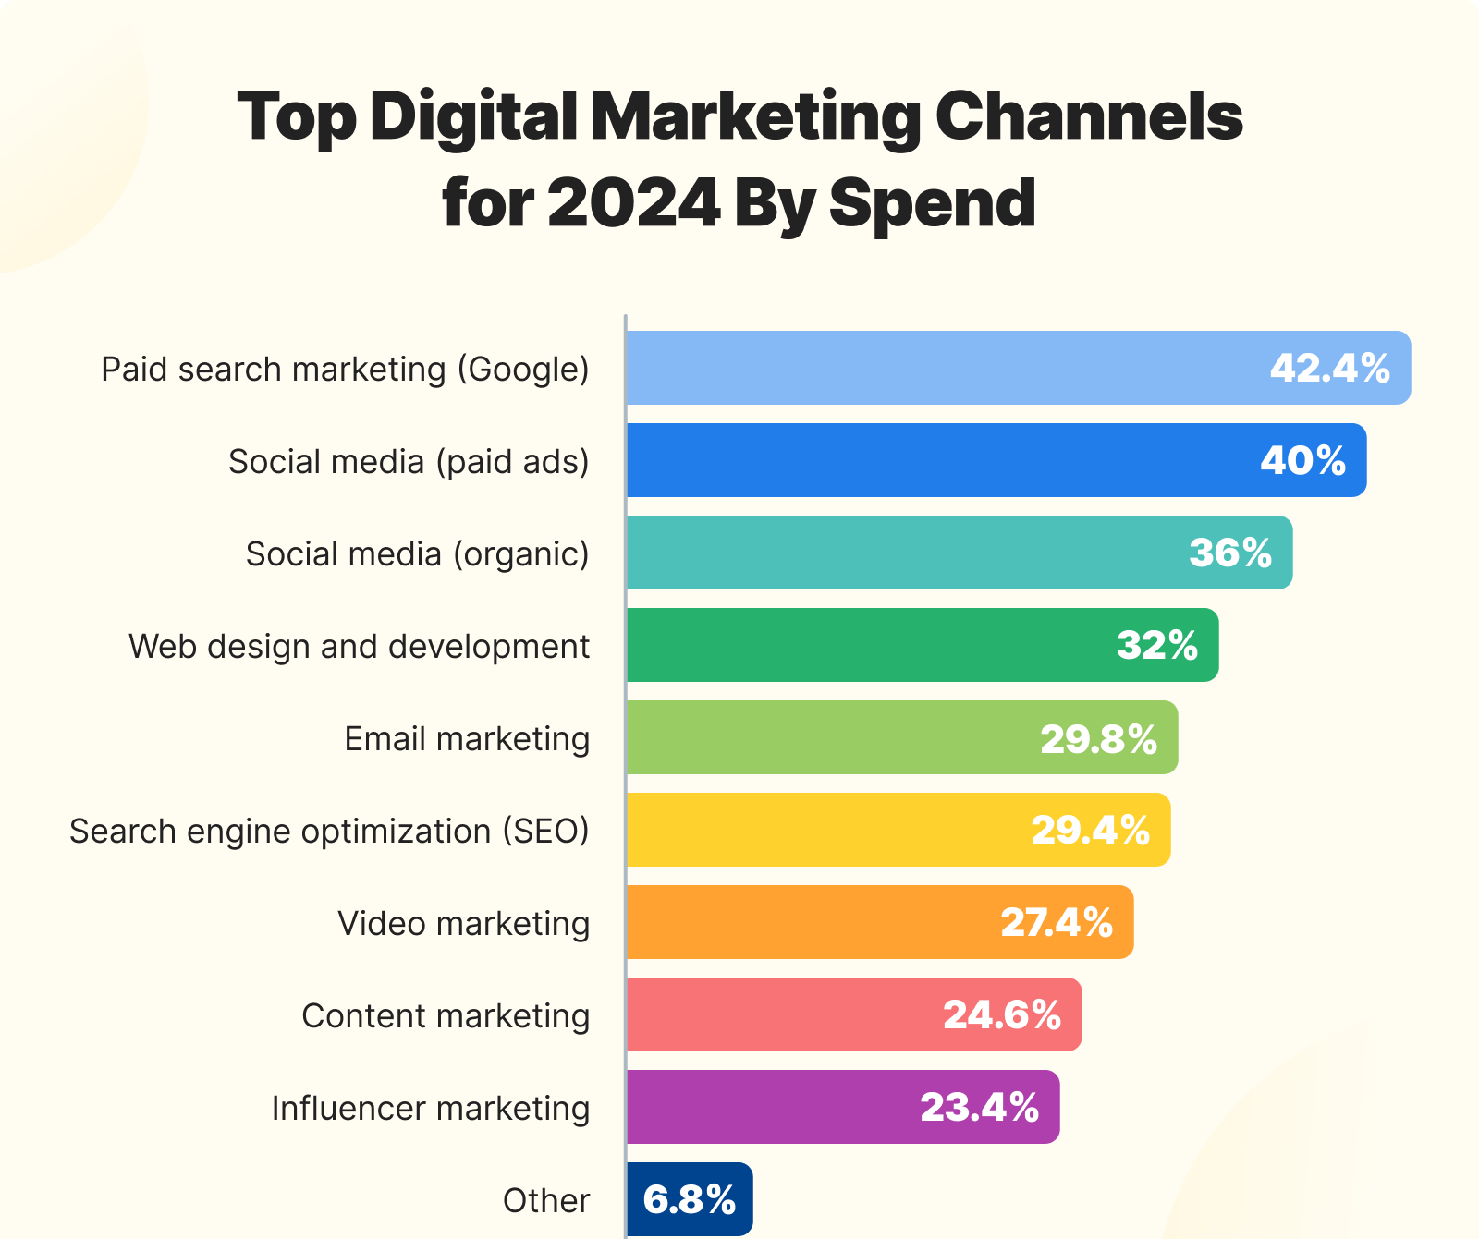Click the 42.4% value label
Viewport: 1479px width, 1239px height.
click(1329, 369)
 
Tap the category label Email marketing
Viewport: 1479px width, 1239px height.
click(467, 739)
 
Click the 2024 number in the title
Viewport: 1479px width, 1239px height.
click(633, 203)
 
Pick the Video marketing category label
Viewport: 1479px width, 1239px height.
click(463, 924)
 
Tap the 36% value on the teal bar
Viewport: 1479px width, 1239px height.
click(1230, 553)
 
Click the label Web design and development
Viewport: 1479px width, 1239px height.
click(359, 647)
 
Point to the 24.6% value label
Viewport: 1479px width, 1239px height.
click(1002, 1015)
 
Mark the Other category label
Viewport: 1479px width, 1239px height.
click(546, 1201)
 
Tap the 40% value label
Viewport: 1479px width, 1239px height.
click(1302, 461)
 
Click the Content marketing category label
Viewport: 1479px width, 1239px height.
click(446, 1016)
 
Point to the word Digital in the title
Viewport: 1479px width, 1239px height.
click(473, 117)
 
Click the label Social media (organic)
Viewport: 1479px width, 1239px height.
click(417, 554)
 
